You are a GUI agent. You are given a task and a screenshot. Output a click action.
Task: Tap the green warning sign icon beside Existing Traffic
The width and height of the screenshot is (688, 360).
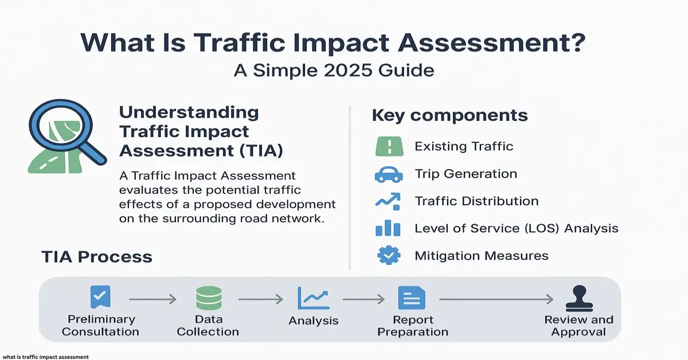click(x=389, y=146)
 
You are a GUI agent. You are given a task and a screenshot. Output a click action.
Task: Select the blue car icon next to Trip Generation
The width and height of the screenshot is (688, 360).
click(x=389, y=174)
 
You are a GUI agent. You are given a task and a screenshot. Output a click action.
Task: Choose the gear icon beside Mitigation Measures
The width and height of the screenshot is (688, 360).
click(x=389, y=255)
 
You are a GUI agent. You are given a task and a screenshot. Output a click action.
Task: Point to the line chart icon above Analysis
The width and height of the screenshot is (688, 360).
click(x=313, y=298)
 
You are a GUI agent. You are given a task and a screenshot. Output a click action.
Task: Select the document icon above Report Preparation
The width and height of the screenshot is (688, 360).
click(x=411, y=298)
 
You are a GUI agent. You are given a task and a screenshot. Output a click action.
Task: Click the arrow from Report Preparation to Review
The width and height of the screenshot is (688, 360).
click(x=496, y=299)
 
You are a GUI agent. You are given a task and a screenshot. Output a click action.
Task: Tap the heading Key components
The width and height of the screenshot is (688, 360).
click(x=449, y=115)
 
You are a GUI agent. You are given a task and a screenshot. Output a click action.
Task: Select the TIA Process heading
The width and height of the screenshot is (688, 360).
click(x=97, y=256)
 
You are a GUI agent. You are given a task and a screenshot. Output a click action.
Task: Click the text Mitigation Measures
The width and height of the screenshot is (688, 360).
click(x=481, y=256)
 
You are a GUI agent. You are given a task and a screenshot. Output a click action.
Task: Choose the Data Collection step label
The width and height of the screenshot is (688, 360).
click(x=208, y=326)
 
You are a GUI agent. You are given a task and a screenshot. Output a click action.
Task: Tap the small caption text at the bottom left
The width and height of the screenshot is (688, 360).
click(x=45, y=357)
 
